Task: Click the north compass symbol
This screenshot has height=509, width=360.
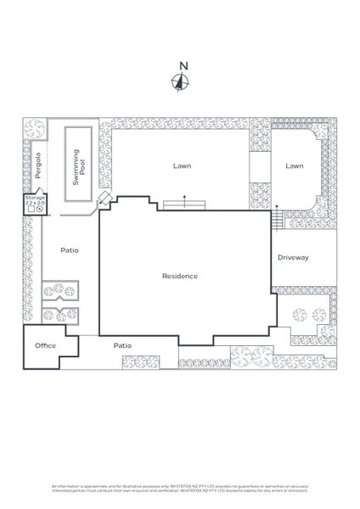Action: (180, 82)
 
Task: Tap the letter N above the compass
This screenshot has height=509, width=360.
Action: (180, 65)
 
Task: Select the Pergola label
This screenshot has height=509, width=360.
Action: (37, 165)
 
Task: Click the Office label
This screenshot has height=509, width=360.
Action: (45, 346)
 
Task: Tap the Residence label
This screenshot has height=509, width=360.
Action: (180, 276)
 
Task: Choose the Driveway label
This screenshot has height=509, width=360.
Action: (293, 257)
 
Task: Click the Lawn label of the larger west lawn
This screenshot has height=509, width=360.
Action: (180, 166)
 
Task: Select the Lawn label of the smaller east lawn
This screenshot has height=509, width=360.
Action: (294, 166)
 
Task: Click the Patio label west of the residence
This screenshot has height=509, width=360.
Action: (70, 250)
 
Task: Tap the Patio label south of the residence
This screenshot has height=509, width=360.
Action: (123, 345)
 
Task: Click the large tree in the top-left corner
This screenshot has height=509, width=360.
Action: (33, 129)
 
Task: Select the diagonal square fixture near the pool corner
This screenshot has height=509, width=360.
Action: (104, 199)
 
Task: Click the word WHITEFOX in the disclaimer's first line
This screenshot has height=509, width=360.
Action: (186, 489)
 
